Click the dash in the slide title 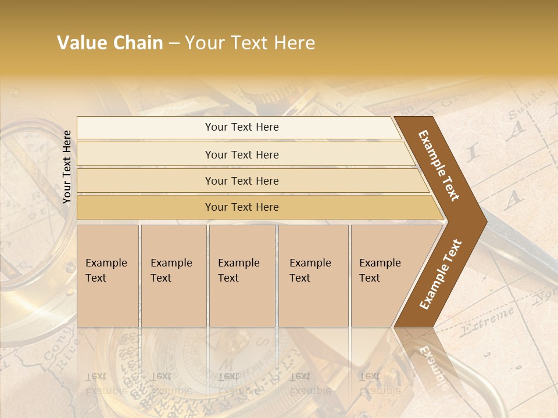pos(174,44)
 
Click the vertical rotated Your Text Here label pos(67,167)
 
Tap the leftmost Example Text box pos(108,276)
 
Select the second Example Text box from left pos(174,276)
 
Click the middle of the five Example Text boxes pos(242,276)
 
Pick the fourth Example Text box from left pos(313,276)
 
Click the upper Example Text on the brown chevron pos(439,165)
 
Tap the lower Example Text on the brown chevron pos(441,274)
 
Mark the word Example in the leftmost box pos(106,263)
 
